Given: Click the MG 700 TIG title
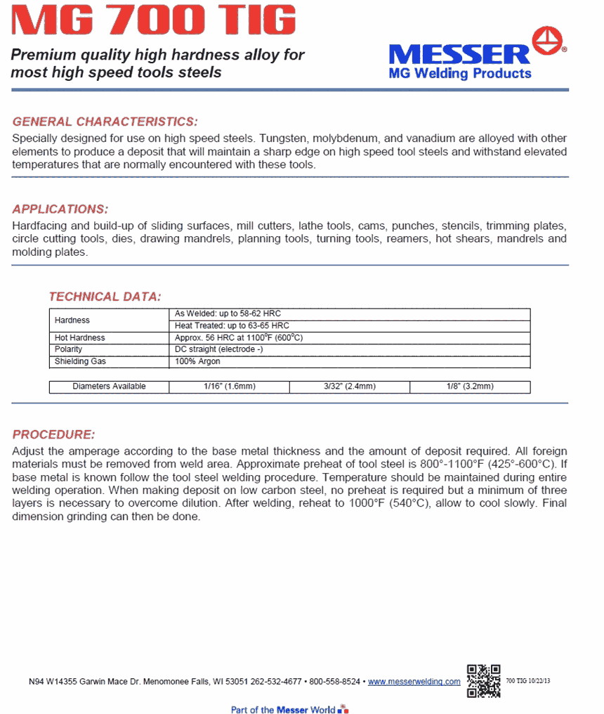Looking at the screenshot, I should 154,21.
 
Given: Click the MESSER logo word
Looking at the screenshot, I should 459,53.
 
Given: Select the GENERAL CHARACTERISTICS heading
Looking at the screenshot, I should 105,122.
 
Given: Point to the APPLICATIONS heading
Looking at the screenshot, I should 60,209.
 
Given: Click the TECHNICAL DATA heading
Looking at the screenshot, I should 105,297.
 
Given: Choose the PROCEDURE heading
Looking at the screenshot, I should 53,434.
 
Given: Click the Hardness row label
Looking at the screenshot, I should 72,320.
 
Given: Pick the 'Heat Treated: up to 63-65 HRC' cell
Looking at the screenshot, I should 232,326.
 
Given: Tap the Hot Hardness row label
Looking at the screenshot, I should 80,338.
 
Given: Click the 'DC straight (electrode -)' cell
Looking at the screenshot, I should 219,349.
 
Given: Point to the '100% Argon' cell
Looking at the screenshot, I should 197,361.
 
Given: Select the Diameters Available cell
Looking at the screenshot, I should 109,387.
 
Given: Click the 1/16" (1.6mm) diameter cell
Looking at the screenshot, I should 229,387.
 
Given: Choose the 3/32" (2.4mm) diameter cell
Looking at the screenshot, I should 349,387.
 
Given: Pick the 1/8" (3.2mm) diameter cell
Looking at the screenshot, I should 470,387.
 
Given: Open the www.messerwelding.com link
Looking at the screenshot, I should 414,682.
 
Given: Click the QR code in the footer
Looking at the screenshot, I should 483,680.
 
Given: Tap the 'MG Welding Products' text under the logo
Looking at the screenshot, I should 460,73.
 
